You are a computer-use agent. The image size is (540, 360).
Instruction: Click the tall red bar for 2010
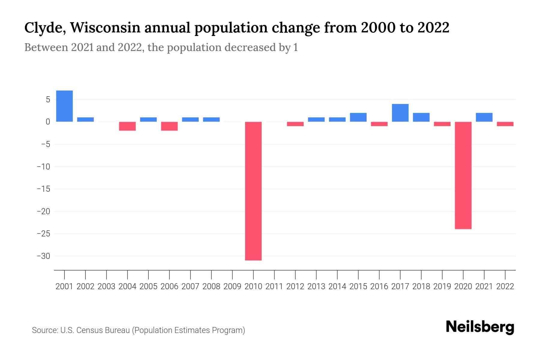coord(253,191)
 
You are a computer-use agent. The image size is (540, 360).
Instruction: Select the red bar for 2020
coord(463,175)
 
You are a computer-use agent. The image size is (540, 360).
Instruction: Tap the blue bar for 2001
coord(64,106)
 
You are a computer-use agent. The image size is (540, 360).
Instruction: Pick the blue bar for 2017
coord(400,113)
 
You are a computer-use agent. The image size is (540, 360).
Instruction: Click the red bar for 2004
coord(127,126)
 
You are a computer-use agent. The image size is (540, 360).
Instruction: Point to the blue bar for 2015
coord(358,117)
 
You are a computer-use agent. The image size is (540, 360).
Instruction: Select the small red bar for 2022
coord(505,124)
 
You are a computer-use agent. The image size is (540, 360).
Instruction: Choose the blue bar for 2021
coord(484,117)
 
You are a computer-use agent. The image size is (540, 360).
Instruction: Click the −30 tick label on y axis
coord(43,256)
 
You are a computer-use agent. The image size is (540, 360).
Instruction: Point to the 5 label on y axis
coord(48,100)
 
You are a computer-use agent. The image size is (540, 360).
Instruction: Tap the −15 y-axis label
coord(43,189)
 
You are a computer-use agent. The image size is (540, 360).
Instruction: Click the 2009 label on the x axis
coord(232,286)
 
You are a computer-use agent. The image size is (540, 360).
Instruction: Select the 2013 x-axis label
coord(316,286)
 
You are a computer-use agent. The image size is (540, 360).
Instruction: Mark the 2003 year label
coord(106,286)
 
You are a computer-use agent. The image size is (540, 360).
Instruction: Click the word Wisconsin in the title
coord(106,28)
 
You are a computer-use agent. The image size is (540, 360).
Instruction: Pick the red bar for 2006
coord(169,126)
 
